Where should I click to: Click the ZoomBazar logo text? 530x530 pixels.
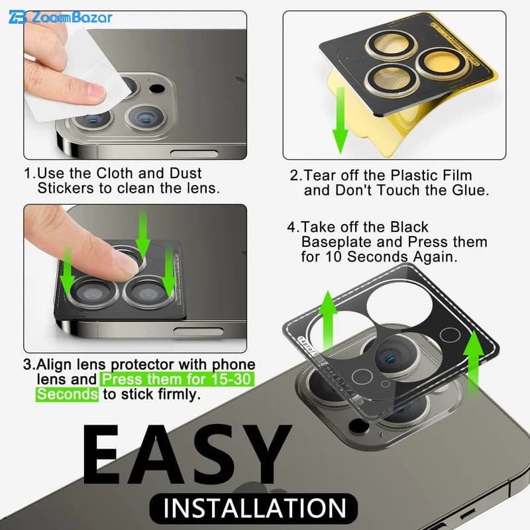[72, 18]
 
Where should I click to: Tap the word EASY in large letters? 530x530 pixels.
[187, 454]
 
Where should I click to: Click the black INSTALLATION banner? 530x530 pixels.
[254, 508]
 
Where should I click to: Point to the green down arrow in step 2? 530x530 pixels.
[341, 121]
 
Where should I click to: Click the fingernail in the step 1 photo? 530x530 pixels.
[95, 91]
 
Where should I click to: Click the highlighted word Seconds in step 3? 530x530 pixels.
[68, 394]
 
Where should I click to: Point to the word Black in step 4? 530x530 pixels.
[409, 227]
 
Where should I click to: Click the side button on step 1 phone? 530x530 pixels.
[194, 154]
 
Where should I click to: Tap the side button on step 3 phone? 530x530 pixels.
[198, 331]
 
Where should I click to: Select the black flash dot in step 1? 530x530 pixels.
[157, 89]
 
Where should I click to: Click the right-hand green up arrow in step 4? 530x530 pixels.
[474, 362]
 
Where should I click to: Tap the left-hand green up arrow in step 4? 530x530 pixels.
[327, 321]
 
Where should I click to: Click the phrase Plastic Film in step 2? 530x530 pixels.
[431, 175]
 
